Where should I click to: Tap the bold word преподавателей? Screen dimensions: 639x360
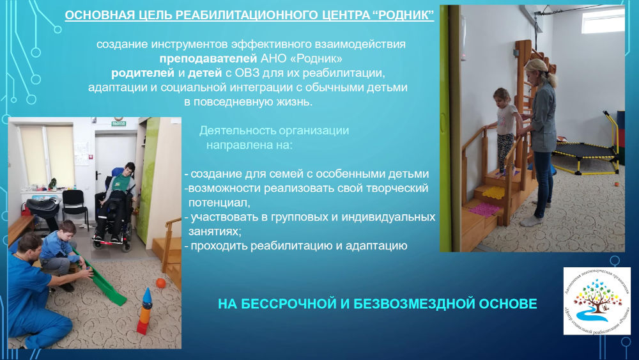click(208, 59)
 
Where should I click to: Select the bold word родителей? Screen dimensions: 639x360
click(142, 74)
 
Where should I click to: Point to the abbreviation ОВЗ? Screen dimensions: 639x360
click(247, 74)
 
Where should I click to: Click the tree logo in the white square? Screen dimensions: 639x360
click(597, 301)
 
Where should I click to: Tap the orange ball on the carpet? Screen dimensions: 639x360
click(161, 283)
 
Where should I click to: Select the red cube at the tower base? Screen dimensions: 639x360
click(142, 327)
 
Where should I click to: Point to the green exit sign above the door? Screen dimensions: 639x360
click(119, 123)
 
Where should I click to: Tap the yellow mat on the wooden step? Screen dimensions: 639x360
click(493, 191)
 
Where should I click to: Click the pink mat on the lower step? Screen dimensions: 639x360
click(484, 210)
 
